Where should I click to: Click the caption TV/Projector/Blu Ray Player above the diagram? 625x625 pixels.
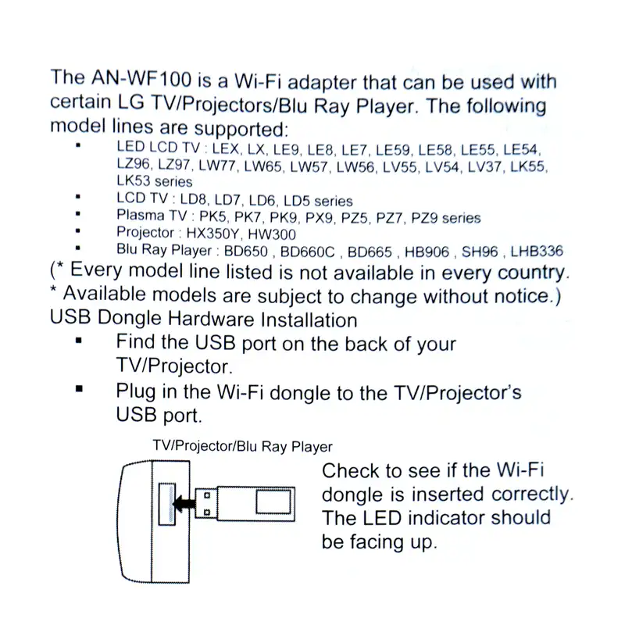point(242,448)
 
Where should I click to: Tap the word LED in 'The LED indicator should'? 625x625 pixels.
point(381,518)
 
